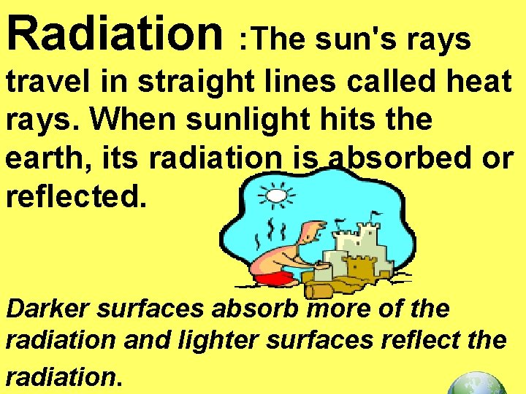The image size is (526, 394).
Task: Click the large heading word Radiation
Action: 113,30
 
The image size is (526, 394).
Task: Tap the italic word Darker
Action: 47,309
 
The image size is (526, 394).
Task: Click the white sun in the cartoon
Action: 275,196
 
